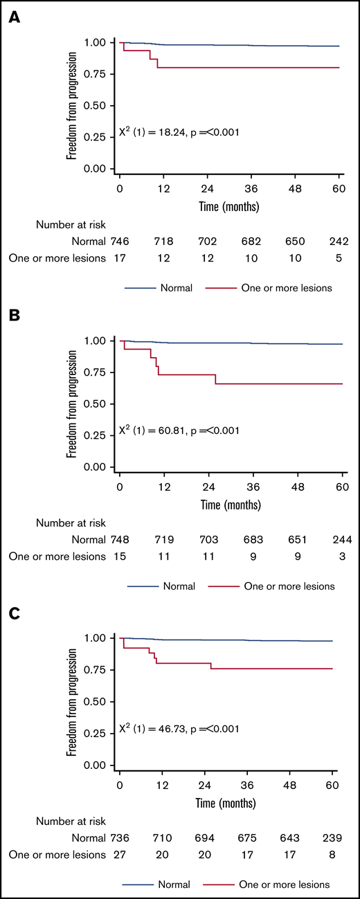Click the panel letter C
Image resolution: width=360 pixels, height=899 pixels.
pyautogui.click(x=13, y=614)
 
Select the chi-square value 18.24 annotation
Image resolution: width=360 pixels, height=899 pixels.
pyautogui.click(x=179, y=131)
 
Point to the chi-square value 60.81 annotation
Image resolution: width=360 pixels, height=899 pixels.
pyautogui.click(x=179, y=430)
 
